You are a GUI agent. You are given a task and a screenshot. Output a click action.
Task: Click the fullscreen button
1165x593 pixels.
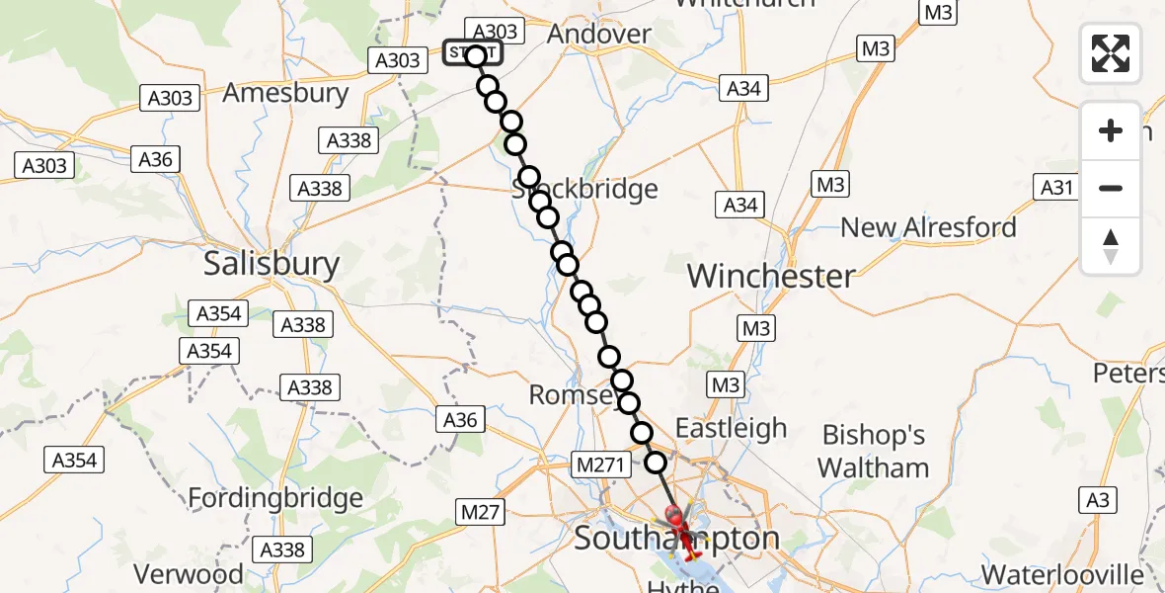click(x=1111, y=53)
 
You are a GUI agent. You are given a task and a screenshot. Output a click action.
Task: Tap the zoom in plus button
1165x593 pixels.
click(x=1111, y=130)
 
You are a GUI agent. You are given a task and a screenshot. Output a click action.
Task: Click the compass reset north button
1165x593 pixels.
click(x=1111, y=246)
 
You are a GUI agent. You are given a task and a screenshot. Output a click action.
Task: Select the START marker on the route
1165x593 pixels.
click(x=473, y=53)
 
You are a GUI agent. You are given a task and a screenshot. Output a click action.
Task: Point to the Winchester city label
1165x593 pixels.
click(x=771, y=276)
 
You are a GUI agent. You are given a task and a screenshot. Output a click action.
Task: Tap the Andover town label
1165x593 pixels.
click(x=599, y=34)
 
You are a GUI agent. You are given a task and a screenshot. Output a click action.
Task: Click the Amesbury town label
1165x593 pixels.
click(x=285, y=94)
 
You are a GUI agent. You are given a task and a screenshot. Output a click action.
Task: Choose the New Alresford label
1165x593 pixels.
click(x=928, y=227)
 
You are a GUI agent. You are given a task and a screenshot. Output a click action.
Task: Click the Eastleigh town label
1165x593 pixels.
click(x=731, y=428)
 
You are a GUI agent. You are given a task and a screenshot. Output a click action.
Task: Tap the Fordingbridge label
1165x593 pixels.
click(x=275, y=497)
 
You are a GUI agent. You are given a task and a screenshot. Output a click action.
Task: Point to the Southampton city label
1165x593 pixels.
click(x=676, y=540)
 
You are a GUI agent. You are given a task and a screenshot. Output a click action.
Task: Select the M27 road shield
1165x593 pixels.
click(x=482, y=511)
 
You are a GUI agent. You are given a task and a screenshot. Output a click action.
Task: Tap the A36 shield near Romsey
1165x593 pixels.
click(x=460, y=420)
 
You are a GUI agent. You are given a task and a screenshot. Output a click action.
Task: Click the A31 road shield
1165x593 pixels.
click(x=1054, y=187)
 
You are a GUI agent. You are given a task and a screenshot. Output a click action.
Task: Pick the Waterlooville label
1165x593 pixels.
click(x=1062, y=574)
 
